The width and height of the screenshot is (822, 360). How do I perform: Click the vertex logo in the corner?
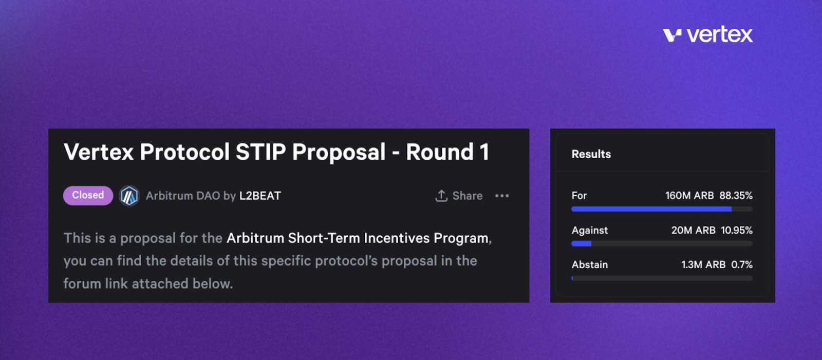point(707,35)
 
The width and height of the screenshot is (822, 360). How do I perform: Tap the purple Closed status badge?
point(88,195)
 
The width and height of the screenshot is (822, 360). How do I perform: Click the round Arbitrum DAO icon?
point(129,196)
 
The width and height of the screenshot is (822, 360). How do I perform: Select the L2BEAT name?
point(260,196)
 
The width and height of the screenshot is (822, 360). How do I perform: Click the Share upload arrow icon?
point(441,196)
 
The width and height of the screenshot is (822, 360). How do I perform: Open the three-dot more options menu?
point(502,196)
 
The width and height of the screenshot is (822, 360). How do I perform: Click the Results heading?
point(591,154)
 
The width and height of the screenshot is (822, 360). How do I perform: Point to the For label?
point(579,196)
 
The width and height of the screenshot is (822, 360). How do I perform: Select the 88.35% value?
point(736,196)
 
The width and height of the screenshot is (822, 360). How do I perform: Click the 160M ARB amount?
point(689,196)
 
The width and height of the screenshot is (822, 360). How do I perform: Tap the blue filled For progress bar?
point(651,209)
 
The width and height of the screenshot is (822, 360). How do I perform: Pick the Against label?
point(590,231)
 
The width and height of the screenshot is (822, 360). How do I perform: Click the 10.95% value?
point(737,231)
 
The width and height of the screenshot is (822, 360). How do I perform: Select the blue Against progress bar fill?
point(581,243)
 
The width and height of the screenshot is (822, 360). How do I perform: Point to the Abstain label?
point(590,264)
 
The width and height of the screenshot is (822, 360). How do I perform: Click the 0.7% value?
point(742,264)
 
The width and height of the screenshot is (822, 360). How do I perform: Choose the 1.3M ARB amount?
point(703,264)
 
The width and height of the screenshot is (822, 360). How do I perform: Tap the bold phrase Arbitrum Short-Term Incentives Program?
point(358,238)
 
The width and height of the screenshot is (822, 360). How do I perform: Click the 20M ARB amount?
point(693,231)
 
